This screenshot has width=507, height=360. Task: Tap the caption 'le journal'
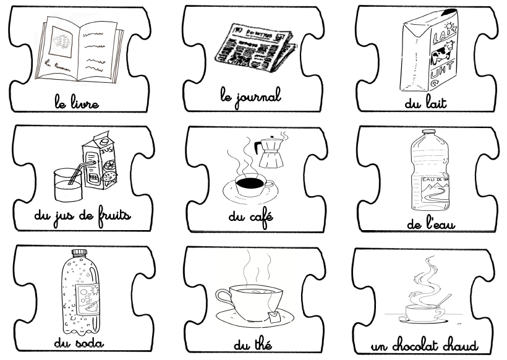[x=250, y=96]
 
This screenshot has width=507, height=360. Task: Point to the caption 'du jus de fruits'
[x=82, y=217]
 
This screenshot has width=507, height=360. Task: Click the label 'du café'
[x=251, y=218]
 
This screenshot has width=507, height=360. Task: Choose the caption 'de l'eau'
[x=431, y=224]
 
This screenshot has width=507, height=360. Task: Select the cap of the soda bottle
[x=79, y=253]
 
